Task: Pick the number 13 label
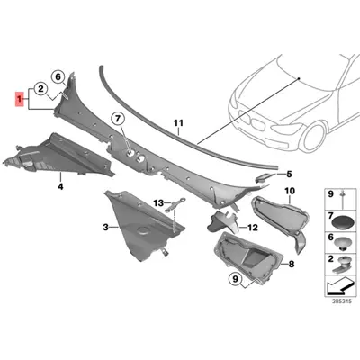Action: (157, 204)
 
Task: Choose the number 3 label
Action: (105, 229)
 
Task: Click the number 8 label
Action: (290, 266)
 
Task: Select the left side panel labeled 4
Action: (54, 157)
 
